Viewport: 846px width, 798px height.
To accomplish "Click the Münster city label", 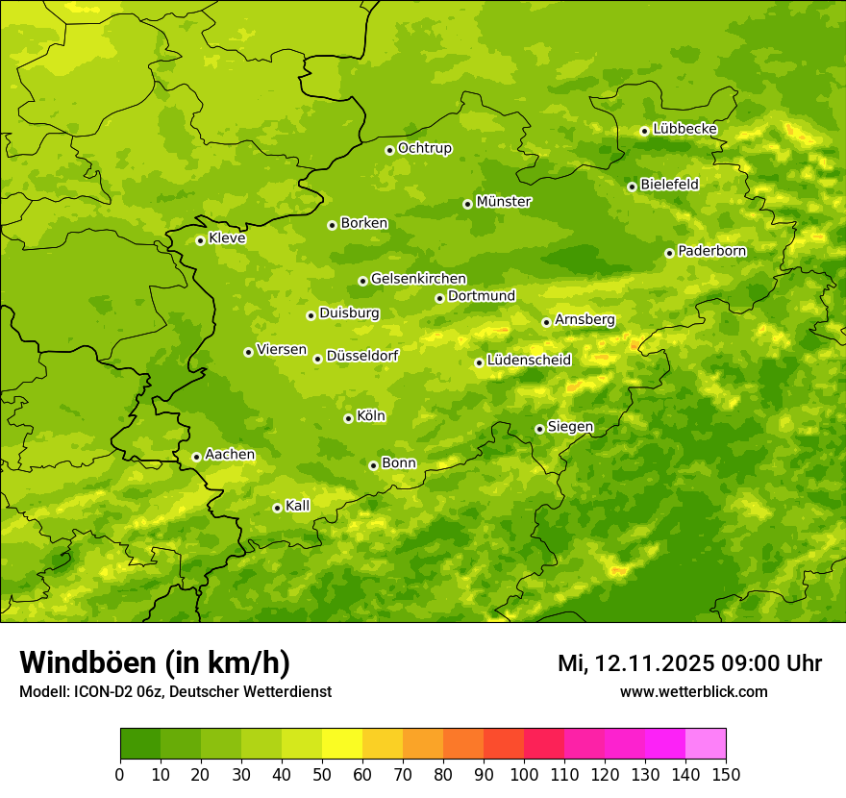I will (x=503, y=202).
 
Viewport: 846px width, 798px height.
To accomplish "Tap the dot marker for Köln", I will (x=348, y=418).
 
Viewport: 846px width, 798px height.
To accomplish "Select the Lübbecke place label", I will (x=684, y=129).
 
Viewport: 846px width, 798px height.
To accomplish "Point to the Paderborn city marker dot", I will (x=669, y=253).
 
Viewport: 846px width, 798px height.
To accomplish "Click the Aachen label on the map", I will (x=230, y=455).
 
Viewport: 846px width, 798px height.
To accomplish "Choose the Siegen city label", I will (x=570, y=427).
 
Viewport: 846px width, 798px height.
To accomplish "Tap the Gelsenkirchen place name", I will (x=418, y=279).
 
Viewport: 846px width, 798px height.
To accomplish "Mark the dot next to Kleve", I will (x=200, y=240).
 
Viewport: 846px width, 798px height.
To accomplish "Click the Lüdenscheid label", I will (x=529, y=361).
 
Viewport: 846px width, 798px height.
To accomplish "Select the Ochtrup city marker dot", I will (x=389, y=150).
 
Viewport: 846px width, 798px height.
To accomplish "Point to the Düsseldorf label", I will (x=362, y=356).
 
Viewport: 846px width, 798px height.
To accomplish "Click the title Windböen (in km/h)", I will (x=155, y=662).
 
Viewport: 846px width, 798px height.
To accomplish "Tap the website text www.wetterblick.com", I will (x=693, y=691).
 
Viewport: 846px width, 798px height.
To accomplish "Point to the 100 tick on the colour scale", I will (x=524, y=773).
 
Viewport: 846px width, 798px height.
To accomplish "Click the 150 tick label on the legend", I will (x=726, y=773).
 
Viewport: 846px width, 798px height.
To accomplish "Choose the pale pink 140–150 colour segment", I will (x=706, y=743).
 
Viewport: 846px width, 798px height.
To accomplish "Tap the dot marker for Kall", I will (x=277, y=508).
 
